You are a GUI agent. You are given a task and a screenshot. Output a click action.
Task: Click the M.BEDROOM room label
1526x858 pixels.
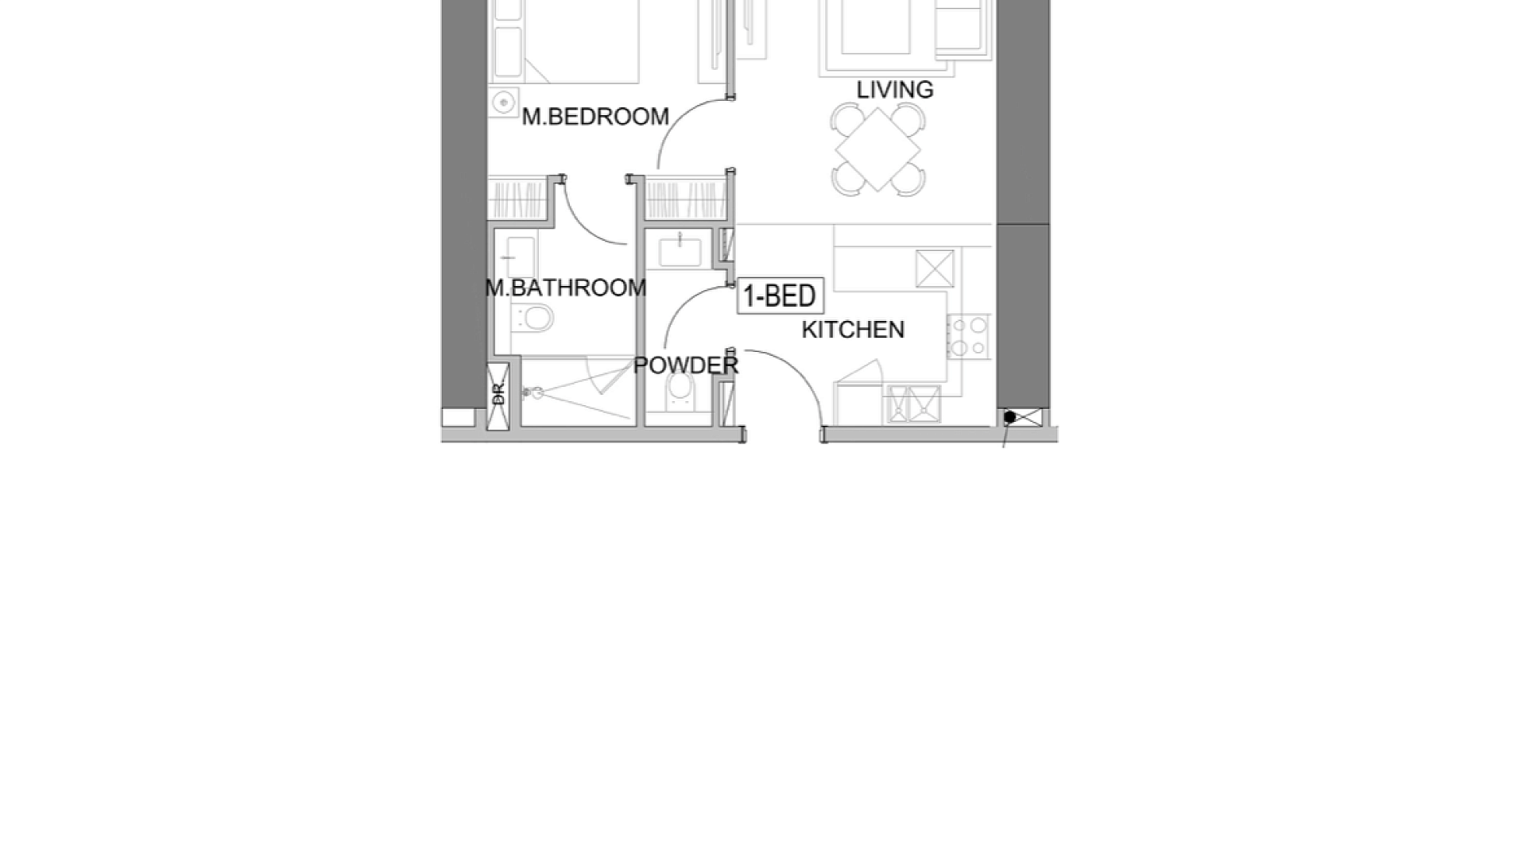[595, 117]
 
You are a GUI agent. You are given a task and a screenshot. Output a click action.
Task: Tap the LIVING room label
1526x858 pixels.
[895, 90]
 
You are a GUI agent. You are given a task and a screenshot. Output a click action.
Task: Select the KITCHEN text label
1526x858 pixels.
[853, 330]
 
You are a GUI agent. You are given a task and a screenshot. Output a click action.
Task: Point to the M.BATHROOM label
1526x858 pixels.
[566, 288]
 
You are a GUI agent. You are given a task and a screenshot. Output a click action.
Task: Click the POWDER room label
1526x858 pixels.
[686, 365]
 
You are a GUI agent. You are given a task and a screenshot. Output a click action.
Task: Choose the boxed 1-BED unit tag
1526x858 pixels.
[780, 296]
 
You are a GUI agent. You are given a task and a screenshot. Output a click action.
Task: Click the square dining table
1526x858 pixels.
[877, 149]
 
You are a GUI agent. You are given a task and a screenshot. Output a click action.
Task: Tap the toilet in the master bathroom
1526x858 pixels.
[532, 319]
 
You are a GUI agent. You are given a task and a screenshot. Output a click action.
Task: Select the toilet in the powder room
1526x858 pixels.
[680, 389]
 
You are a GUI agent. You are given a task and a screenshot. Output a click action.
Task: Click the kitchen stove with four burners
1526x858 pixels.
[968, 336]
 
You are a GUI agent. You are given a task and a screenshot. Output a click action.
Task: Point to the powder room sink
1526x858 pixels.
[680, 251]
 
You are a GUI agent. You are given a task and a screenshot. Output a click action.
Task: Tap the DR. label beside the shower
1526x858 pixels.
[498, 392]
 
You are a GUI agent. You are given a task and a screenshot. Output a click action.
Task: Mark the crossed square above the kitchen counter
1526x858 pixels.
[935, 269]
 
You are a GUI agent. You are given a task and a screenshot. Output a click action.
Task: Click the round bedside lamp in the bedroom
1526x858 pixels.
[502, 102]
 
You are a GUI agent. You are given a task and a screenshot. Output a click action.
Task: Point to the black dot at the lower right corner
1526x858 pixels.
[1009, 416]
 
